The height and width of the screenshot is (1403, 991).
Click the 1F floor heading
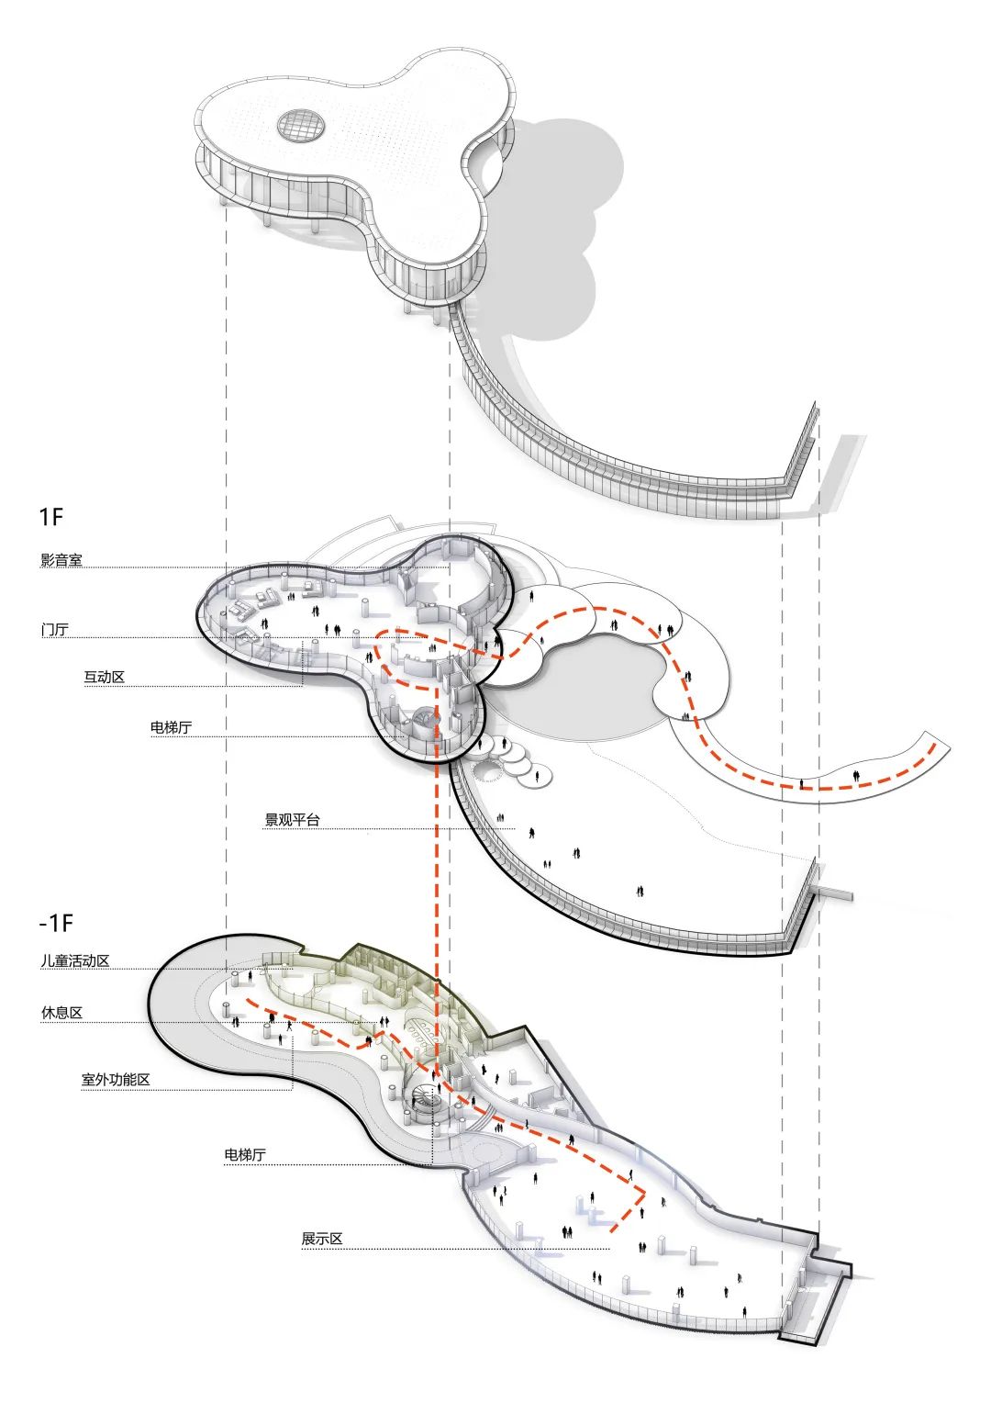coord(51,516)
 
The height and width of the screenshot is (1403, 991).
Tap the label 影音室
coord(61,560)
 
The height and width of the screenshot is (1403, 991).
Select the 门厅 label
coord(54,630)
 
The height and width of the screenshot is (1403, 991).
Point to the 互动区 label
coord(104,678)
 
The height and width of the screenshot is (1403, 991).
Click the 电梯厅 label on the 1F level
coord(171,728)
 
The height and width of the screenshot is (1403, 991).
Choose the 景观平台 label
coord(292,820)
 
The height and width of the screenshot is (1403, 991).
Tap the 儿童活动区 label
coord(74,960)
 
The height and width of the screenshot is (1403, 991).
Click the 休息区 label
coord(61,1013)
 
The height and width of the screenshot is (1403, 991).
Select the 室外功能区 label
coord(115,1080)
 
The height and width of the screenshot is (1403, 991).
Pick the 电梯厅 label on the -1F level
coord(245,1155)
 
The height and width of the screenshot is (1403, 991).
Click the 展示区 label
coord(321,1239)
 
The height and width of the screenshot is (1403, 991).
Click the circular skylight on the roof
coord(301,126)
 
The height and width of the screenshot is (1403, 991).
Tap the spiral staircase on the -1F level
coord(426,1098)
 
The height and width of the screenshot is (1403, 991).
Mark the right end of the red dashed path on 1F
coord(934,745)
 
